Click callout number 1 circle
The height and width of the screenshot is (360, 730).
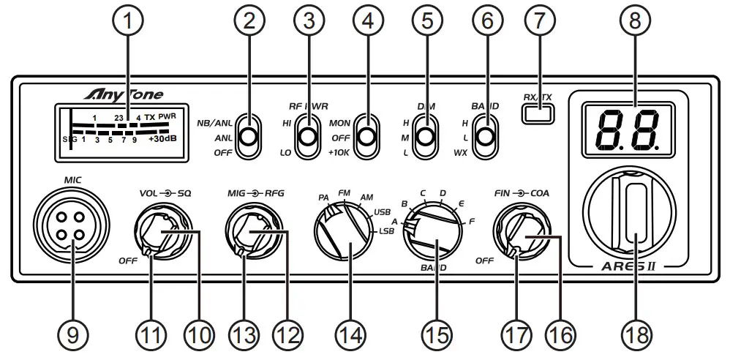coord(129,22)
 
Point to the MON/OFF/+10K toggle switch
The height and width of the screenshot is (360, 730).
coord(367,137)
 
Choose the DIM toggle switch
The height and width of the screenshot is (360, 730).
coord(424,137)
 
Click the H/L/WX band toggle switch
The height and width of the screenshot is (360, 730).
coord(483,137)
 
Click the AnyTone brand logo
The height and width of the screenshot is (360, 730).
coord(127,94)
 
